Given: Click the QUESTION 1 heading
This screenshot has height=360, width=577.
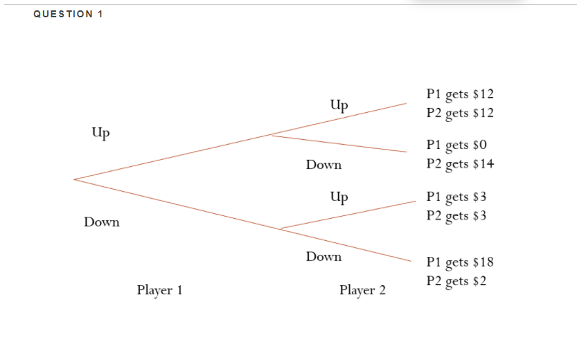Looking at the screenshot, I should coord(68,15).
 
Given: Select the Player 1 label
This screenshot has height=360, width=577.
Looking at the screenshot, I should coord(159,290).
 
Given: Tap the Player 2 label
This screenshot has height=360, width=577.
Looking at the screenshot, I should coord(362,290).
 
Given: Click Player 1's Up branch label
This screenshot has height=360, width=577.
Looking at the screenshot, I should coord(100,132).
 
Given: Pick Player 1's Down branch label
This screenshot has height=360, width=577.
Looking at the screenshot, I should coord(101,222).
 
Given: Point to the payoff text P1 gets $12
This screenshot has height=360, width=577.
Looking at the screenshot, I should coord(460,94).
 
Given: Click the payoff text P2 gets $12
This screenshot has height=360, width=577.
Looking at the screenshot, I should coord(460,113).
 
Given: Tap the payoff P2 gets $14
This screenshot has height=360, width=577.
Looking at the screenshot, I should coord(460,164).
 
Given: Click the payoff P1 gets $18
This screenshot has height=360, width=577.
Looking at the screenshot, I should coord(460,262).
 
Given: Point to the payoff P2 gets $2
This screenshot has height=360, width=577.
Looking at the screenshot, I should coord(456,280).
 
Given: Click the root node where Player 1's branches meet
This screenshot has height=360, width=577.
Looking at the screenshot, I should coord(75,180).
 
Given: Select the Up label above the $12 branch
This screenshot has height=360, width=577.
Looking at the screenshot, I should coord(339,105).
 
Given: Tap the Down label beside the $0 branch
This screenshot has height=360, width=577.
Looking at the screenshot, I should coord(323,165).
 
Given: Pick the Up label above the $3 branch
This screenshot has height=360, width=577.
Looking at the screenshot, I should coord(339,197).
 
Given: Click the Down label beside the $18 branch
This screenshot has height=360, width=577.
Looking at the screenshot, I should coord(323,257).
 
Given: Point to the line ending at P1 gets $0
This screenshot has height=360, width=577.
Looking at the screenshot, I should coord(339,144).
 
